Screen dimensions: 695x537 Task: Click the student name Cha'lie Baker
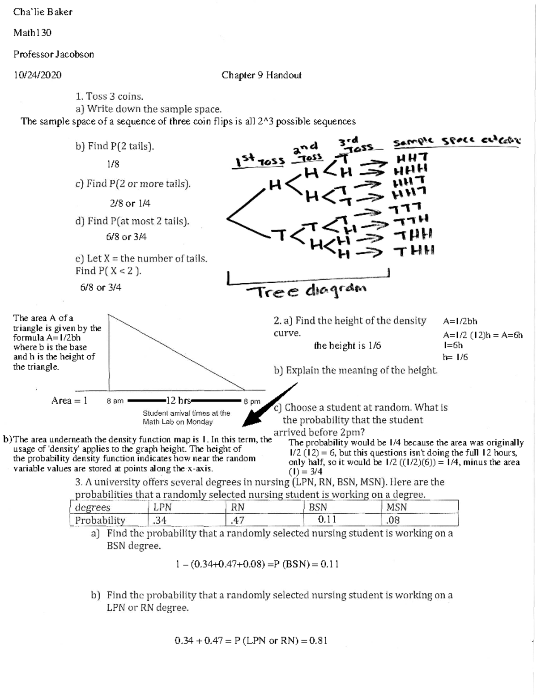click(x=43, y=12)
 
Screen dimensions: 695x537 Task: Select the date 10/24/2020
click(x=37, y=75)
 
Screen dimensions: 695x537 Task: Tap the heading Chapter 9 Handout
click(x=261, y=75)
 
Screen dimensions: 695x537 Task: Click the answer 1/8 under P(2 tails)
click(x=113, y=164)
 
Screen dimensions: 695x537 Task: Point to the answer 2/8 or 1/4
click(x=130, y=203)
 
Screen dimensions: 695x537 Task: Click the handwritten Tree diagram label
click(x=307, y=291)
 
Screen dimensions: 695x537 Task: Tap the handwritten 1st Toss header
click(x=258, y=160)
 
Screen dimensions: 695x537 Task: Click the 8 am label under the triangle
click(x=115, y=401)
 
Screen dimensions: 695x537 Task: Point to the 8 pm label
click(x=252, y=401)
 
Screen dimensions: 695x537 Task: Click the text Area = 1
click(x=69, y=401)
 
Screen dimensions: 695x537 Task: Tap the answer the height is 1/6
click(x=347, y=345)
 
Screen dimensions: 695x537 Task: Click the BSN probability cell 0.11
click(x=327, y=520)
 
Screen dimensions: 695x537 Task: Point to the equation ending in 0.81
click(x=251, y=640)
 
